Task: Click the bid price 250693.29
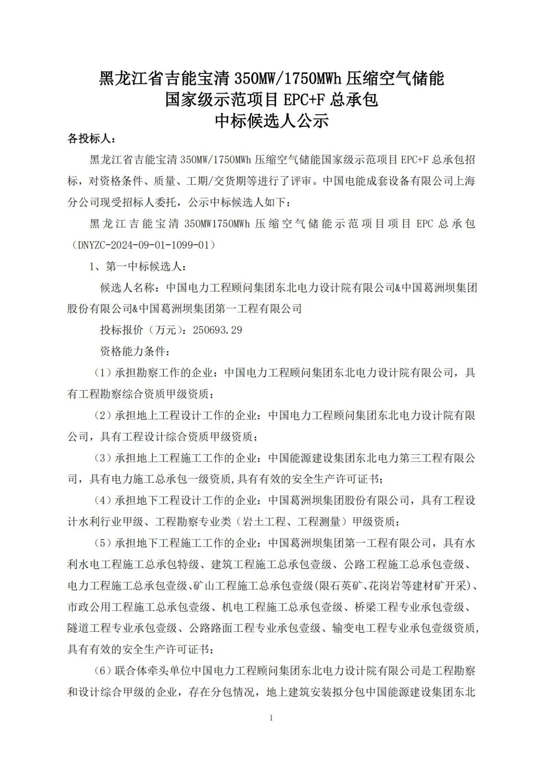coord(217,330)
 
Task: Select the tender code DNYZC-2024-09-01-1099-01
coord(144,245)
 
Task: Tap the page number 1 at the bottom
coord(271,718)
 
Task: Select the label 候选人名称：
coord(132,288)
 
